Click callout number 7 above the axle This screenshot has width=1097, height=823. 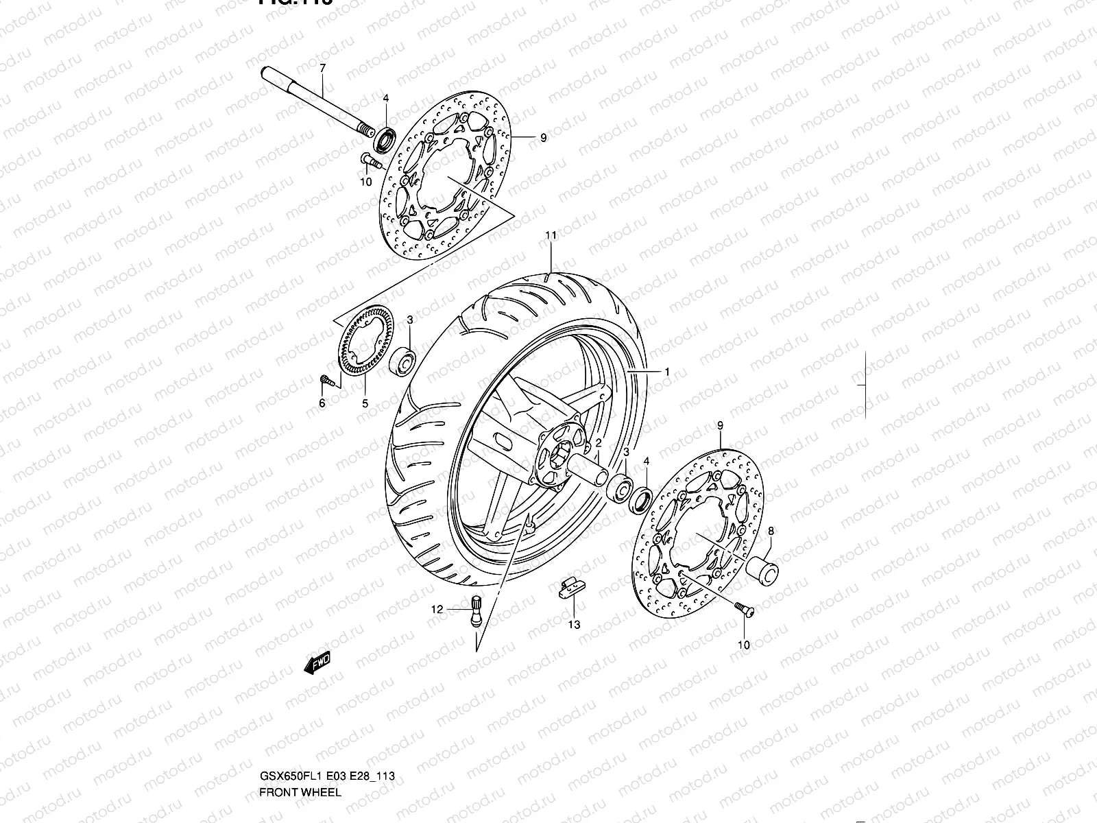pyautogui.click(x=322, y=67)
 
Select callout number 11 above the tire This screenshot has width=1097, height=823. pyautogui.click(x=550, y=235)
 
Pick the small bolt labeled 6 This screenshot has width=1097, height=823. pyautogui.click(x=327, y=379)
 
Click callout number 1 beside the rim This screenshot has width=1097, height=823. pyautogui.click(x=666, y=372)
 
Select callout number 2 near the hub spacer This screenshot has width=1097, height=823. pyautogui.click(x=598, y=443)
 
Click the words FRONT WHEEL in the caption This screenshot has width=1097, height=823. pyautogui.click(x=299, y=792)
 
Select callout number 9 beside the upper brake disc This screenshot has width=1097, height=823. pyautogui.click(x=543, y=138)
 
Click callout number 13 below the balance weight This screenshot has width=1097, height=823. pyautogui.click(x=574, y=624)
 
